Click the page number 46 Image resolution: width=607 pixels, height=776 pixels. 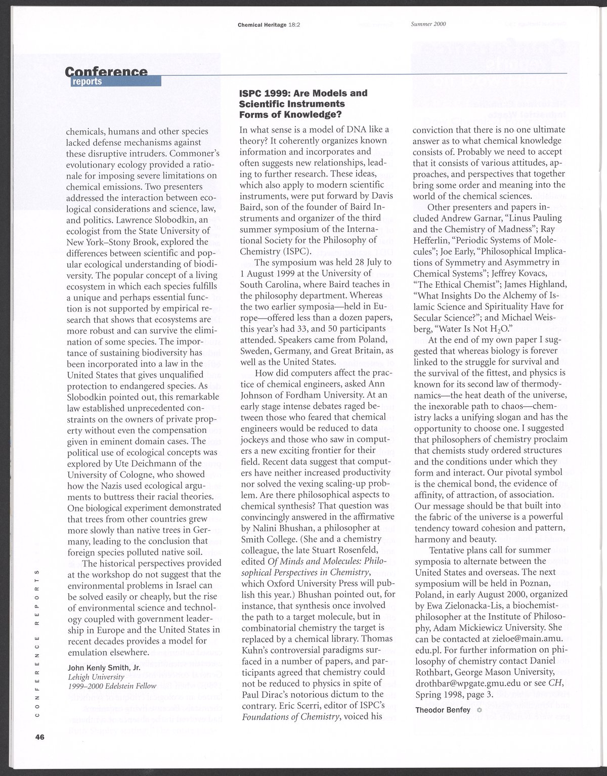click(x=40, y=737)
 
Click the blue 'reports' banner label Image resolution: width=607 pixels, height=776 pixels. click(x=87, y=81)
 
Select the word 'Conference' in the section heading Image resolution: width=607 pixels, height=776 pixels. click(x=106, y=71)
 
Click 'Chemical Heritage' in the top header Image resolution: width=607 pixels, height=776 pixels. click(x=261, y=24)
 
